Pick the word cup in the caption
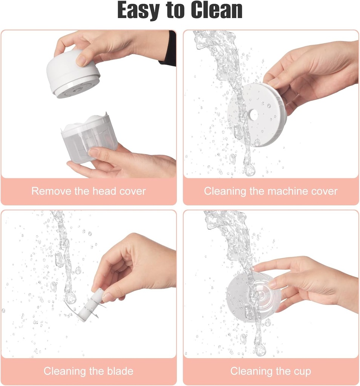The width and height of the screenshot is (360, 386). point(302,371)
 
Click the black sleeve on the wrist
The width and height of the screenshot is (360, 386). point(170,48)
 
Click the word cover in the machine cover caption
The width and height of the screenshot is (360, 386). point(323,191)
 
